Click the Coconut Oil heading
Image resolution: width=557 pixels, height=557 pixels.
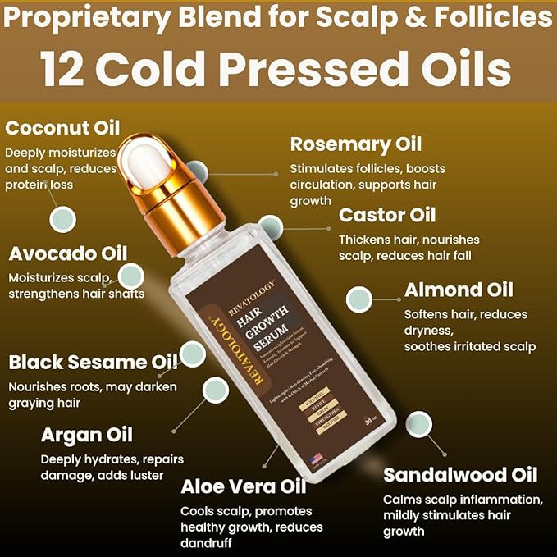(x=62, y=128)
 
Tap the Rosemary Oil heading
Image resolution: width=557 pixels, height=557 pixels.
(x=356, y=144)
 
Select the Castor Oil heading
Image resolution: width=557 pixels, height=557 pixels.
(x=387, y=216)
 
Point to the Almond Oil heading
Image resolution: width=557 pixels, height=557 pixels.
(x=459, y=290)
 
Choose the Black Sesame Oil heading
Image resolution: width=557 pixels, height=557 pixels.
(x=92, y=362)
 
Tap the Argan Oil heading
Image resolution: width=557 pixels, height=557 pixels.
(x=86, y=435)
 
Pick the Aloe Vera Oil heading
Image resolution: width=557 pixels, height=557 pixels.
(x=243, y=486)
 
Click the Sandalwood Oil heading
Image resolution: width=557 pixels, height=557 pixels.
(x=460, y=475)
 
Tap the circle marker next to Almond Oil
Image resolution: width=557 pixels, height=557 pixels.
(x=359, y=299)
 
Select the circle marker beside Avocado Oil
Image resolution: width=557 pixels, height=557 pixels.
(x=130, y=276)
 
